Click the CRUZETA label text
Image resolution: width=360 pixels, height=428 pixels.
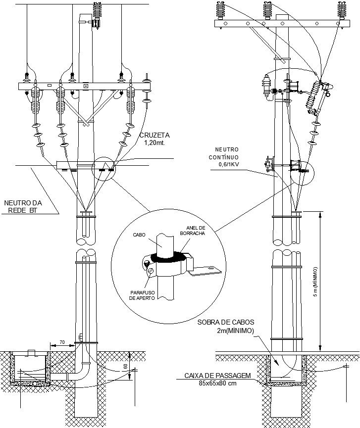click(x=155, y=134)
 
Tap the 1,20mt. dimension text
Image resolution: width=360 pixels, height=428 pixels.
click(x=154, y=143)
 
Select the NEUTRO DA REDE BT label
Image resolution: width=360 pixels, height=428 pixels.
click(x=24, y=206)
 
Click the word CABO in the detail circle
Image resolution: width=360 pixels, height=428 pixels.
click(x=139, y=235)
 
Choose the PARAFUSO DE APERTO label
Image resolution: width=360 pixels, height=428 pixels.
click(x=142, y=295)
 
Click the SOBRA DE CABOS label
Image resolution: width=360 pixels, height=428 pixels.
click(x=226, y=322)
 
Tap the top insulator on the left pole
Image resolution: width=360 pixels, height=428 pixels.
click(x=97, y=12)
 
